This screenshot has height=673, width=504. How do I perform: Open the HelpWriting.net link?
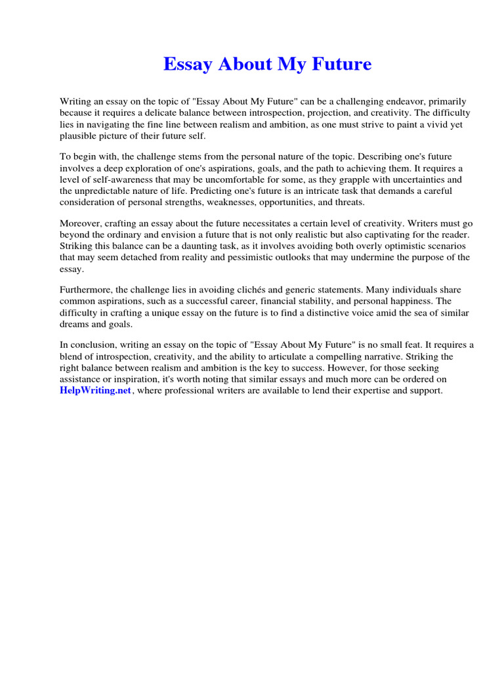pos(96,390)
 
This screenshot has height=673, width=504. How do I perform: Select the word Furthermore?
pos(87,289)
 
